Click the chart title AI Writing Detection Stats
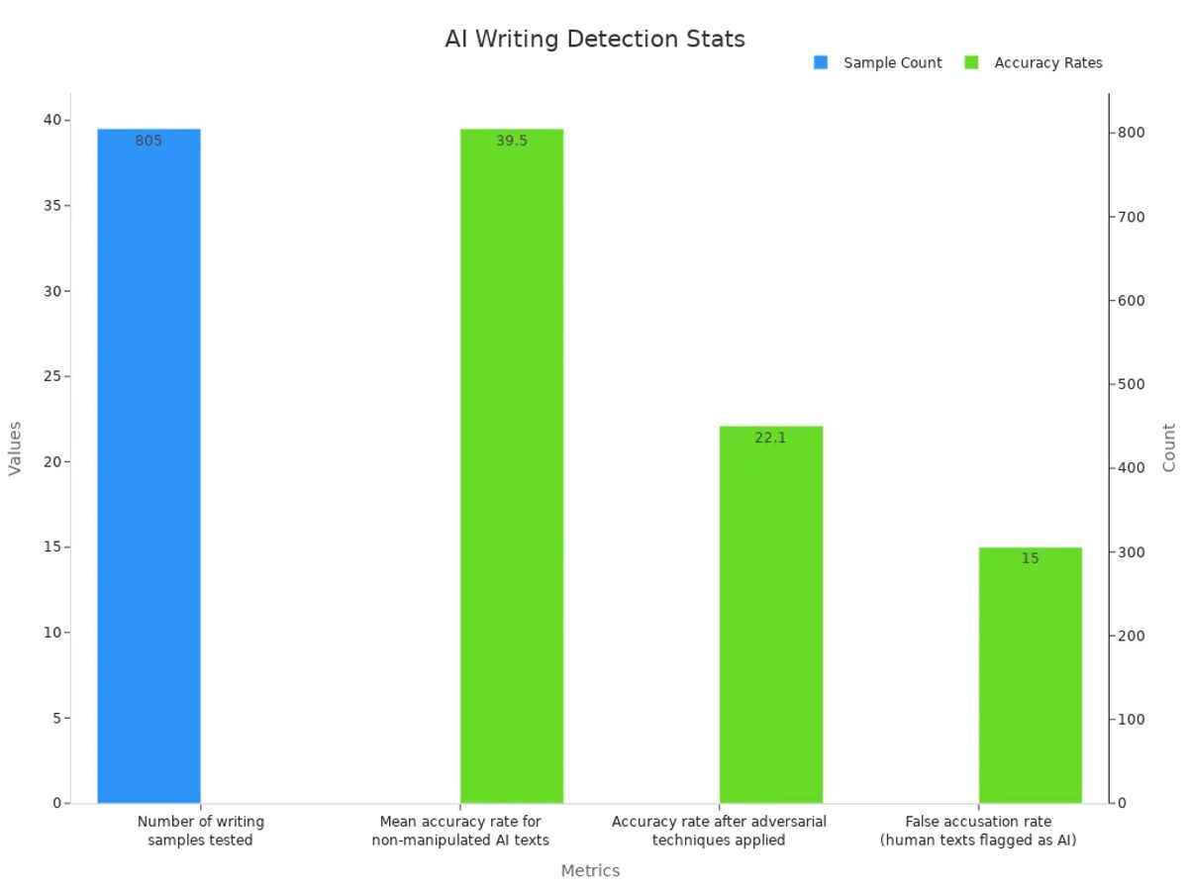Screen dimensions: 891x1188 point(594,40)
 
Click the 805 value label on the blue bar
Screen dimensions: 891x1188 point(148,141)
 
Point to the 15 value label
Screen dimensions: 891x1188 point(1030,558)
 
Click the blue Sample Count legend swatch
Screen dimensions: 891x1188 point(821,62)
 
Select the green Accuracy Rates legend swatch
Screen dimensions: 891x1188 point(971,62)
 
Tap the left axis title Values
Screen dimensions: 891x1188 point(15,448)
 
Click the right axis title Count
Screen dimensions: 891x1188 point(1169,448)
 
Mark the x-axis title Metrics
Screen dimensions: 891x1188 point(590,871)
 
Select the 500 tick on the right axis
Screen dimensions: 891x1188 point(1133,384)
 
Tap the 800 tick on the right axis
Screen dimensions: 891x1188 point(1133,133)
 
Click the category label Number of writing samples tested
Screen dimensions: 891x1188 point(200,831)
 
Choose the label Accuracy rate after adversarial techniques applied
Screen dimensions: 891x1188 point(719,831)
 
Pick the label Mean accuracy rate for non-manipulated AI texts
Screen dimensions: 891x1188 point(460,831)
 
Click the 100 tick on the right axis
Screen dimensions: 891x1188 point(1133,720)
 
